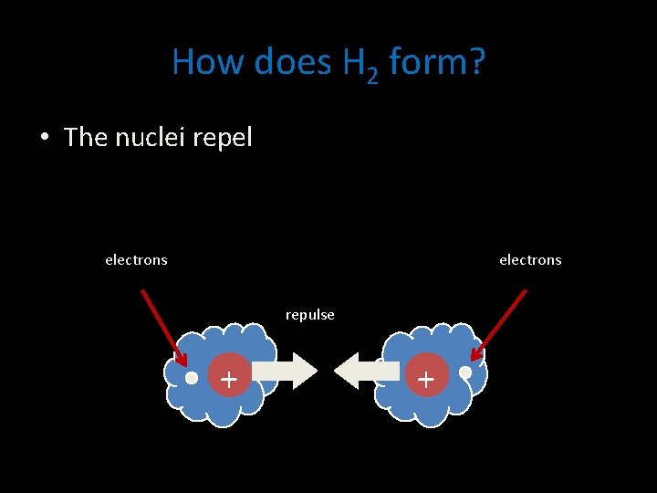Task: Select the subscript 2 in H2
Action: (x=371, y=75)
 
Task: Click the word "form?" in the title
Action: (x=437, y=62)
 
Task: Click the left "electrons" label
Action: (x=136, y=260)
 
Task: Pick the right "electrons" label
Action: (x=530, y=260)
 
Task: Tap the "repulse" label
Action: (x=310, y=315)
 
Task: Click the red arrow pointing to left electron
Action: (x=163, y=328)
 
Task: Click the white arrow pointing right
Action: (x=284, y=371)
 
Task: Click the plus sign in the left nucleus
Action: (x=228, y=377)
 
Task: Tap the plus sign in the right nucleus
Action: (x=425, y=377)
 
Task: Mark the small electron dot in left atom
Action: (x=192, y=377)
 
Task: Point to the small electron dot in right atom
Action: (x=465, y=372)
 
